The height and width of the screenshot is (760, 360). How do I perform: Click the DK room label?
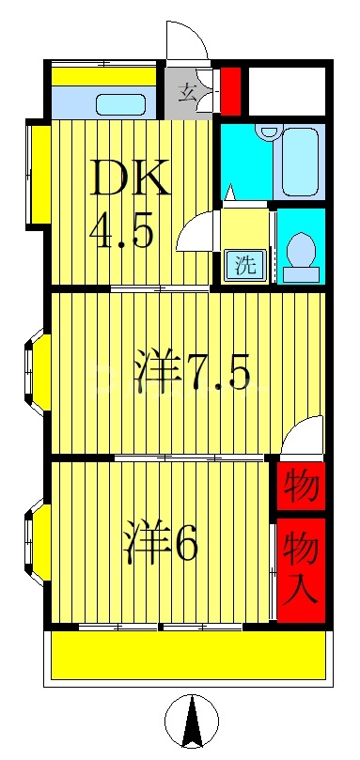pyautogui.click(x=130, y=178)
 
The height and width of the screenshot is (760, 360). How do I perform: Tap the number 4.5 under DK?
pyautogui.click(x=122, y=231)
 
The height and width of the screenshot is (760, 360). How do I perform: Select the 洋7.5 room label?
pyautogui.click(x=192, y=374)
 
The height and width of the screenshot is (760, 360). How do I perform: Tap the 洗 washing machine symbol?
pyautogui.click(x=244, y=265)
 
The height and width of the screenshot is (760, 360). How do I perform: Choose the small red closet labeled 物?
pyautogui.click(x=300, y=487)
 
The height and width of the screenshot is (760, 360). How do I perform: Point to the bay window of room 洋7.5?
pyautogui.click(x=34, y=372)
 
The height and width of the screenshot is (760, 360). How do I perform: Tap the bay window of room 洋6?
pyautogui.click(x=34, y=543)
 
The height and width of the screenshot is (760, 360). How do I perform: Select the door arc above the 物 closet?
pyautogui.click(x=304, y=438)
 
